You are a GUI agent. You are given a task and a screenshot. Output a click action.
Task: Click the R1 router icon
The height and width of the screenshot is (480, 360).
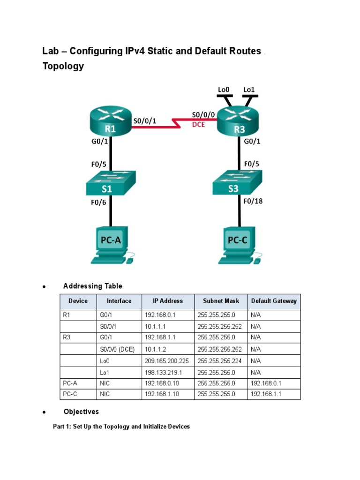[110, 123]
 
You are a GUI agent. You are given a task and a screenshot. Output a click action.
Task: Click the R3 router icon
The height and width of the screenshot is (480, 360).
[239, 123]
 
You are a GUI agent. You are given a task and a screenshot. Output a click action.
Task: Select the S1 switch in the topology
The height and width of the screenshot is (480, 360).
[110, 183]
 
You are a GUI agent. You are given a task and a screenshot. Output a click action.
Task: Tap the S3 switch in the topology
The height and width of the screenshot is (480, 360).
[237, 183]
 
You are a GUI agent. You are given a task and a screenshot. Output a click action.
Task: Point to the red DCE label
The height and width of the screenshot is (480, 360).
[198, 125]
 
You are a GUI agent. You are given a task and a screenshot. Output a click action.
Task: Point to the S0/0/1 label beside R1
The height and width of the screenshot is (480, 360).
[145, 120]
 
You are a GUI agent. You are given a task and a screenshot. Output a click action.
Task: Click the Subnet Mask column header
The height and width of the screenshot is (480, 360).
[221, 301]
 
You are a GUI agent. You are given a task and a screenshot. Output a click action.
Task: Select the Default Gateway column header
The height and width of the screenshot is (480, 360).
[274, 301]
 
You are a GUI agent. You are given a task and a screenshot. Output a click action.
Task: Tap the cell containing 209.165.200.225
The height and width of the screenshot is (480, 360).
[168, 361]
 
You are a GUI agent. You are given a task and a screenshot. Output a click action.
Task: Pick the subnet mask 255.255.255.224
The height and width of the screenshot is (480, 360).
[221, 361]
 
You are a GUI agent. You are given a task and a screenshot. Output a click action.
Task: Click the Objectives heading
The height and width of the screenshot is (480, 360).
[81, 412]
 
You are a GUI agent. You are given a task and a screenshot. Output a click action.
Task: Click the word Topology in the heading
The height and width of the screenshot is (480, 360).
[63, 66]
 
